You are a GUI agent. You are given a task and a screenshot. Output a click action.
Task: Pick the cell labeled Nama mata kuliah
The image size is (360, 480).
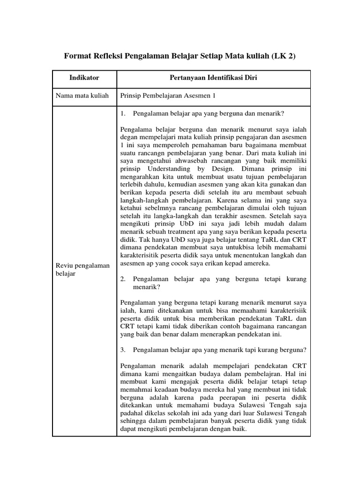tap(82, 96)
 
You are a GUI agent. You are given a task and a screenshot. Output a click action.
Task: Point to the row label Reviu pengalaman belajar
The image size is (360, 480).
tap(82, 270)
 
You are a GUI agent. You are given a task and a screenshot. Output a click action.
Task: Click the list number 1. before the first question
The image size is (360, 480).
tap(123, 114)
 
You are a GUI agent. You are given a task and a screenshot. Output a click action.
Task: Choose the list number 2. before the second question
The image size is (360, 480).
tap(123, 279)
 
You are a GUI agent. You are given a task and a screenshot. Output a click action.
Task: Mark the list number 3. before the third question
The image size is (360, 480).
tap(123, 350)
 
